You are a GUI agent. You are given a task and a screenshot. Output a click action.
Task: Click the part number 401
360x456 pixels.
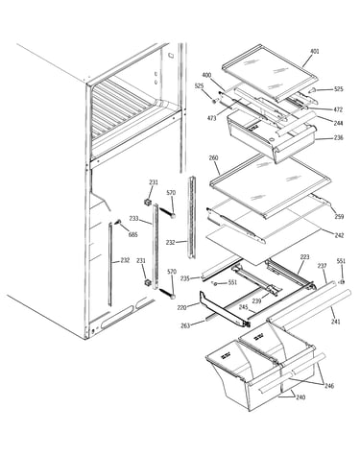(x=315, y=51)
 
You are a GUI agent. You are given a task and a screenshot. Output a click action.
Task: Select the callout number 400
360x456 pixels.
(x=206, y=75)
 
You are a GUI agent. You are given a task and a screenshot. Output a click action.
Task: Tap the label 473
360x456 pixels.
(x=211, y=118)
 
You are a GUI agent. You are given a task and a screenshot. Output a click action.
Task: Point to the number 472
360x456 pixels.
(x=338, y=109)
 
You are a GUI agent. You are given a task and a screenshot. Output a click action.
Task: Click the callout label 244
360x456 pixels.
(x=338, y=123)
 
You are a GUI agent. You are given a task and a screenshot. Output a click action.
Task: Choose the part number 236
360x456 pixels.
(x=338, y=137)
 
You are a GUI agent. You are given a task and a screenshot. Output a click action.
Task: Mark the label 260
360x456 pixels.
(x=213, y=158)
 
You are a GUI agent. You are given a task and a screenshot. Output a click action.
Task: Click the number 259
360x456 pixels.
(x=339, y=217)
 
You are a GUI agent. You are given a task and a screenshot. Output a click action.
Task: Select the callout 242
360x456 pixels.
(x=339, y=235)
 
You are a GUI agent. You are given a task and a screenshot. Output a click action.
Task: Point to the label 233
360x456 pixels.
(x=134, y=219)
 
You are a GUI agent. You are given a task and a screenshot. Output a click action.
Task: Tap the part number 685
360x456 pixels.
(x=132, y=235)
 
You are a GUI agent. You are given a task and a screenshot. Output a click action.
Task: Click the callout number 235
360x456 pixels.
(x=185, y=278)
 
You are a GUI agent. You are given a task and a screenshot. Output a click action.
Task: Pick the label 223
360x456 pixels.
(x=304, y=257)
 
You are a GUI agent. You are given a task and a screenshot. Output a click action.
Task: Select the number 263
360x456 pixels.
(x=185, y=325)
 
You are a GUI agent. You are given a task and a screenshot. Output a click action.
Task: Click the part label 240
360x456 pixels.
(x=300, y=397)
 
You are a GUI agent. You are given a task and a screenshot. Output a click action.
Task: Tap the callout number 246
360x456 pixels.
(x=328, y=386)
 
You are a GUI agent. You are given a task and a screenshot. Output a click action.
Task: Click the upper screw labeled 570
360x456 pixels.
(x=167, y=212)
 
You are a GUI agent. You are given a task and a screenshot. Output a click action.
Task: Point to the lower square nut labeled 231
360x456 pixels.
(x=148, y=283)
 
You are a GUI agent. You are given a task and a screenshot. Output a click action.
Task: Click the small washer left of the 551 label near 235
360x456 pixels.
(x=215, y=283)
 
